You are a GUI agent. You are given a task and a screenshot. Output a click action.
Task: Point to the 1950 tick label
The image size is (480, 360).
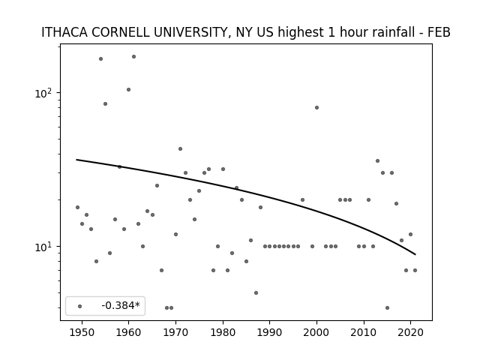pyautogui.click(x=82, y=332)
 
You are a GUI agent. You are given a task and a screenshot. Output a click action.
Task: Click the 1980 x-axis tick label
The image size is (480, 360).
pyautogui.click(x=223, y=332)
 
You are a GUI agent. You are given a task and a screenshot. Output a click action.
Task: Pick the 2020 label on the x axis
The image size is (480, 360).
pyautogui.click(x=410, y=332)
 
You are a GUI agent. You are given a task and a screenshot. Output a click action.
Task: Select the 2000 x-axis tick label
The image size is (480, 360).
pyautogui.click(x=316, y=332)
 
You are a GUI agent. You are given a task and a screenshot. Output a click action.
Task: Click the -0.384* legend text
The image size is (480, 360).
pyautogui.click(x=121, y=305)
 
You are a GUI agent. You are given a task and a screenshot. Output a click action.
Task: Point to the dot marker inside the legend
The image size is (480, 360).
pyautogui.click(x=80, y=306)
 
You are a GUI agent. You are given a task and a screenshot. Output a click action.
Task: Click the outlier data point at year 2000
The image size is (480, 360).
pyautogui.click(x=316, y=108)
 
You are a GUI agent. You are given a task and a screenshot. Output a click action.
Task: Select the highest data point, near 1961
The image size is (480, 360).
pyautogui.click(x=133, y=57)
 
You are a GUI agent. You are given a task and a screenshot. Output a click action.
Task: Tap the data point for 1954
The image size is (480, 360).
pyautogui.click(x=100, y=58)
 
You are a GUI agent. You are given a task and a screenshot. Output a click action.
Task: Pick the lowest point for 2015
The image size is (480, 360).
pyautogui.click(x=387, y=307)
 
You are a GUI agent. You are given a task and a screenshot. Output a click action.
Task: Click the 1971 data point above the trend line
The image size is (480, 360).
pyautogui.click(x=180, y=148)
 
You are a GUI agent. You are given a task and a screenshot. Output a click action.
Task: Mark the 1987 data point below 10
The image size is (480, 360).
pyautogui.click(x=256, y=292)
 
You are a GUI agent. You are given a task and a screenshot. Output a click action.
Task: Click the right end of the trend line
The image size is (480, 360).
pyautogui.click(x=415, y=254)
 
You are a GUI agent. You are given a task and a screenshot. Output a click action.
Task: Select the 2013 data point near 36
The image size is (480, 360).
pyautogui.click(x=377, y=160)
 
